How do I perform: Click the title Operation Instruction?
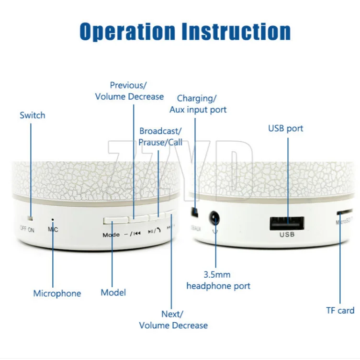[x=185, y=31]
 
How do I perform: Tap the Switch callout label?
[x=33, y=115]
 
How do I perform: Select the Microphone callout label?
[x=57, y=293]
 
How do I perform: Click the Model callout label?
[x=113, y=292]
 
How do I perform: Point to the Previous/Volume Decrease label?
[x=129, y=91]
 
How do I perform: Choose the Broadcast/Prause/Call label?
[x=160, y=136]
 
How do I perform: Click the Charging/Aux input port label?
[x=198, y=104]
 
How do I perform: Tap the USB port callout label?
[x=286, y=128]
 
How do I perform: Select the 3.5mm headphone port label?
[x=218, y=281]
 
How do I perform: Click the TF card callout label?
[x=340, y=310]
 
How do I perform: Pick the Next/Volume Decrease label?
[x=173, y=320]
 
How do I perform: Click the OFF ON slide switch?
[x=30, y=218]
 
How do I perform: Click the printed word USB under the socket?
[x=287, y=235]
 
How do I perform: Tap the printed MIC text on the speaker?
[x=53, y=229]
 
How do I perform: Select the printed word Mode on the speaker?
[x=111, y=235]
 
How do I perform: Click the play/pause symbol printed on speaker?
[x=151, y=232]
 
